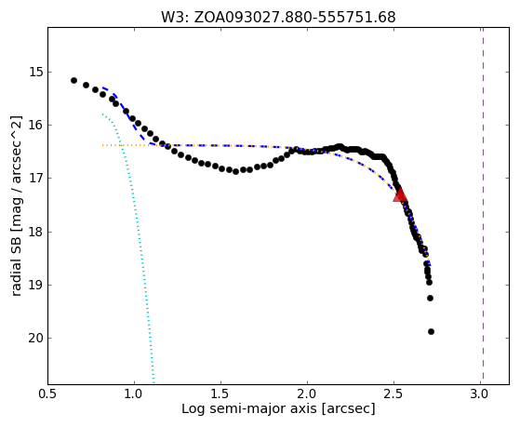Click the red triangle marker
[400, 195]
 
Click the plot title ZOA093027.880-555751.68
[295, 18]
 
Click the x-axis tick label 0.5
[48, 394]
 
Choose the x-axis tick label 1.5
[220, 394]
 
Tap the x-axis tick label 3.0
[480, 394]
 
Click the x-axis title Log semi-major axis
[249, 408]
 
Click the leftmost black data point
[74, 81]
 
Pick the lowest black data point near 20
[431, 331]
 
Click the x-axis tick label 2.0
[307, 394]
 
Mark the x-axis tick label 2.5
[393, 394]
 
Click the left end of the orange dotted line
[103, 145]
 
